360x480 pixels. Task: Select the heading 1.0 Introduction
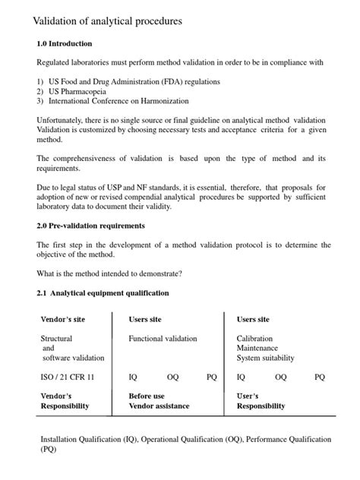coord(65,44)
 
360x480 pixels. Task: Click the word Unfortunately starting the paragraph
coord(64,120)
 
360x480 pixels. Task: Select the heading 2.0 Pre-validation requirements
coord(91,226)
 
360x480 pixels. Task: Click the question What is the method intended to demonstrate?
coord(110,273)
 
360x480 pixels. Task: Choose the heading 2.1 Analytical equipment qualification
coord(103,292)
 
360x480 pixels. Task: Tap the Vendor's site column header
coord(62,320)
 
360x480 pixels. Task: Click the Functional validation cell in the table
coord(163,339)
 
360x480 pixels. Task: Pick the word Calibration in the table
coord(254,339)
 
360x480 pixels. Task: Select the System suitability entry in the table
coord(266,358)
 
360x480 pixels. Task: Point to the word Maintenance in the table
coord(257,349)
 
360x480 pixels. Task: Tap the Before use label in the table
coord(147,396)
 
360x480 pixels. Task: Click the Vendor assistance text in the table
coord(159,406)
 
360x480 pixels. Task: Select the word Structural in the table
coord(56,339)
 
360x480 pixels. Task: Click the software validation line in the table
coord(73,358)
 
